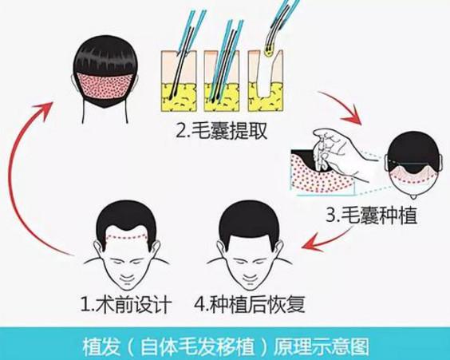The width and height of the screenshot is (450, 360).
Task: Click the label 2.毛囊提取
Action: pyautogui.click(x=222, y=131)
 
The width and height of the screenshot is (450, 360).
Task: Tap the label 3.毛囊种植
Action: pyautogui.click(x=371, y=215)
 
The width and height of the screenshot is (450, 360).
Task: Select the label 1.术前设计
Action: pyautogui.click(x=126, y=304)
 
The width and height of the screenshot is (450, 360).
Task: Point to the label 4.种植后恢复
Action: pyautogui.click(x=250, y=304)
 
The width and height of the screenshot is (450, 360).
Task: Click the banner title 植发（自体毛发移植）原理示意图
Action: pyautogui.click(x=226, y=346)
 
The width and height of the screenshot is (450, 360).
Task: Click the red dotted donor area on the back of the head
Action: pyautogui.click(x=105, y=85)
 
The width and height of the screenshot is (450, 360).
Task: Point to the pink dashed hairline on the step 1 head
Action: pyautogui.click(x=127, y=237)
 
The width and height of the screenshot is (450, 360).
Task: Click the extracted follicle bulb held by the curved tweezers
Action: pyautogui.click(x=269, y=52)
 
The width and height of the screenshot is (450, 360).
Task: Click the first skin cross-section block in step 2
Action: pyautogui.click(x=179, y=81)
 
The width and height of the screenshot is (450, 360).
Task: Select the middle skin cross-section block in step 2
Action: pyautogui.click(x=222, y=81)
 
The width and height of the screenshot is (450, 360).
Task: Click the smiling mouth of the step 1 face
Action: pyautogui.click(x=127, y=278)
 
